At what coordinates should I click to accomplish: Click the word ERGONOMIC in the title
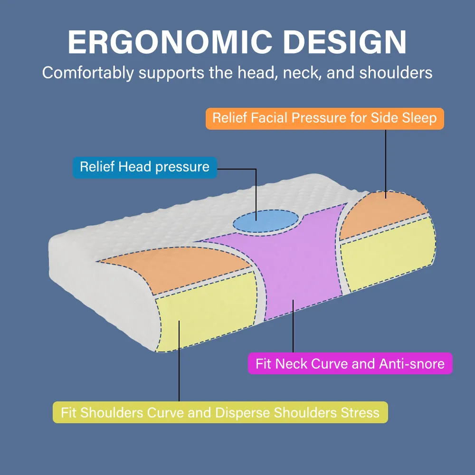pyautogui.click(x=170, y=42)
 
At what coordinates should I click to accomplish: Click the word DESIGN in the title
pyautogui.click(x=345, y=42)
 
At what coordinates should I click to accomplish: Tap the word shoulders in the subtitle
pyautogui.click(x=396, y=73)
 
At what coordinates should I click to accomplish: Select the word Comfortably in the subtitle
pyautogui.click(x=88, y=73)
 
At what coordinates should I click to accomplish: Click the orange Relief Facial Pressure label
pyautogui.click(x=325, y=119)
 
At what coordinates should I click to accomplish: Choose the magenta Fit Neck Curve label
pyautogui.click(x=350, y=363)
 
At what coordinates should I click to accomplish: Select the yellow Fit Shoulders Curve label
pyautogui.click(x=220, y=412)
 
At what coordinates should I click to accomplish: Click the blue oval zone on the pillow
pyautogui.click(x=266, y=221)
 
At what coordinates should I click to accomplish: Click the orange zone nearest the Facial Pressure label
pyautogui.click(x=382, y=215)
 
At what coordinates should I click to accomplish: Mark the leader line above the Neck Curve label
pyautogui.click(x=293, y=326)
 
